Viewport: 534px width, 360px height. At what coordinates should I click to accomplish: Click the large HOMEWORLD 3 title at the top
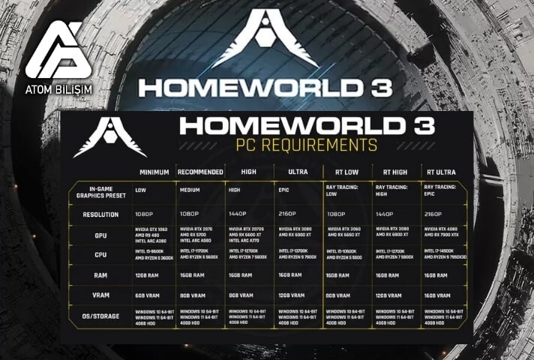(x=265, y=87)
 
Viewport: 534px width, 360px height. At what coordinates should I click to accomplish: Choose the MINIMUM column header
(x=154, y=172)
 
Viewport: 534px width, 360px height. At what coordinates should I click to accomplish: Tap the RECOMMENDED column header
(x=201, y=172)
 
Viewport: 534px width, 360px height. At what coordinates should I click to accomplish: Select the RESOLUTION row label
(x=100, y=214)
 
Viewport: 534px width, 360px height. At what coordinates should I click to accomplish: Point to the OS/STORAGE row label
(x=100, y=316)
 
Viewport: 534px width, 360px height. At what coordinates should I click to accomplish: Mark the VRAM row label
(x=100, y=296)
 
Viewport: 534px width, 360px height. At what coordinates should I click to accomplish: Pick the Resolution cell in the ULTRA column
(x=287, y=214)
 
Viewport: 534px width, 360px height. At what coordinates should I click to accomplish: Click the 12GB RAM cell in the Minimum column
(x=148, y=275)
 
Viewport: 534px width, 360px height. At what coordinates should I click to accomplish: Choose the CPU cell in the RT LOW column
(x=346, y=255)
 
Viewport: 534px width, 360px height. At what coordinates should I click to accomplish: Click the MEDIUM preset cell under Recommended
(x=190, y=190)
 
